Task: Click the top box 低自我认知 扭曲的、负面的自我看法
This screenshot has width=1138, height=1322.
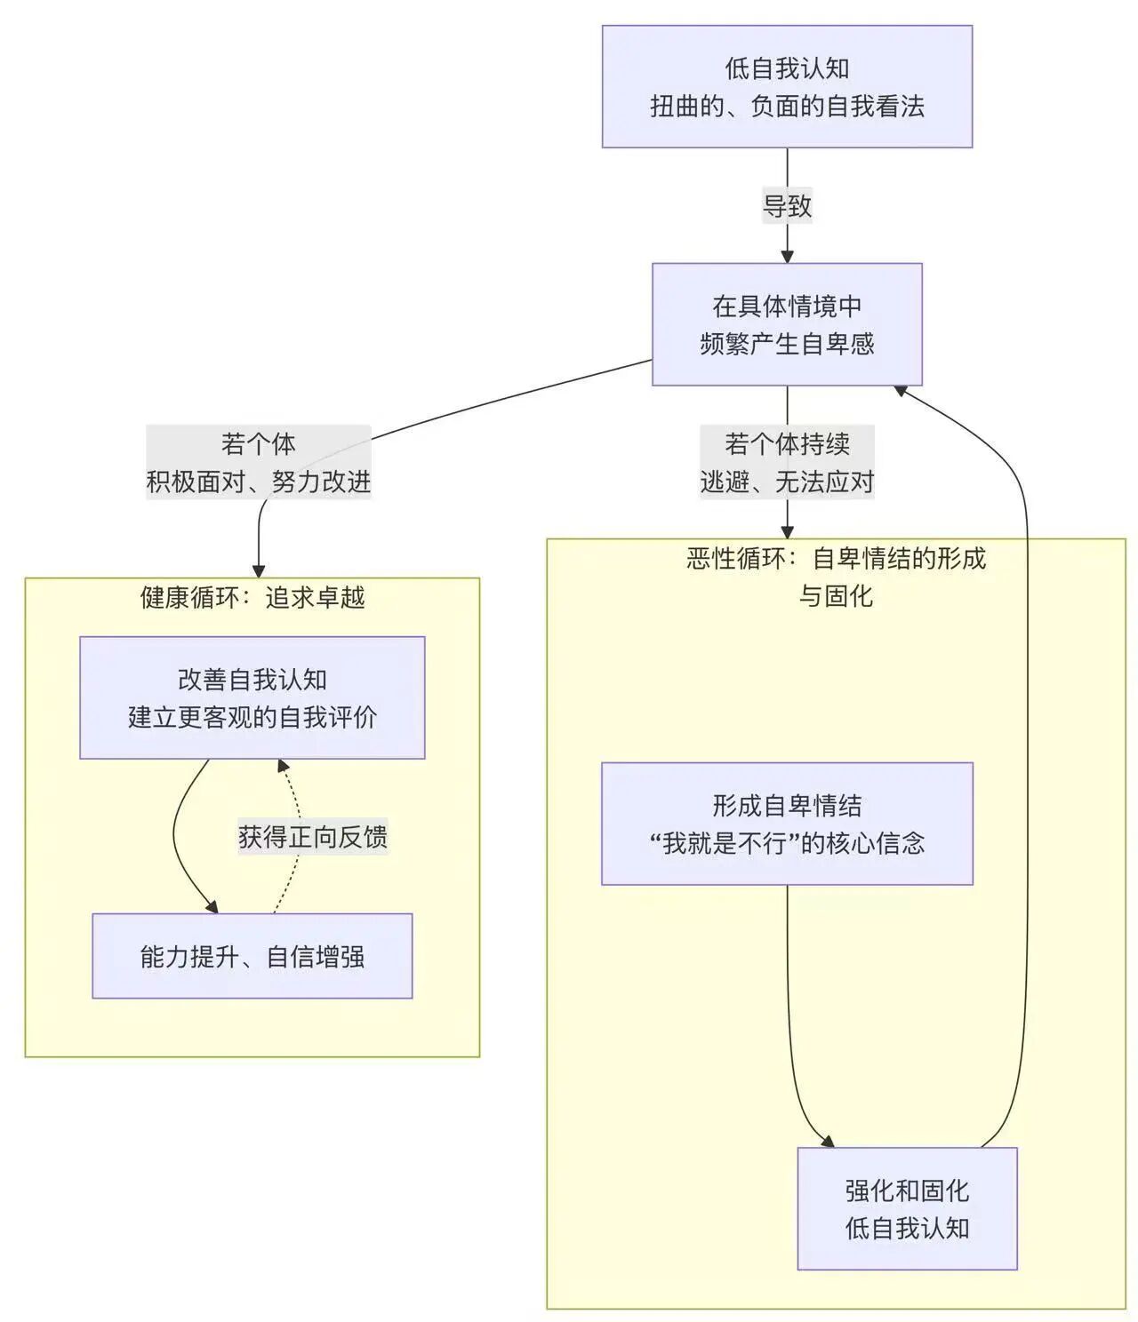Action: tap(787, 86)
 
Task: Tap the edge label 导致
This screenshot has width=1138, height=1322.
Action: tap(787, 206)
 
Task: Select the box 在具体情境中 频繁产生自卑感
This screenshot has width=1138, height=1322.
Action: tap(787, 324)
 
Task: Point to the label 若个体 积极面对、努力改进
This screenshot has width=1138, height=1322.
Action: tap(258, 462)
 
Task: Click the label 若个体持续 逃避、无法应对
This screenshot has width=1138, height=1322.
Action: tap(787, 462)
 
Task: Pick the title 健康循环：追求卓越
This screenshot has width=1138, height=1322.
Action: tap(252, 597)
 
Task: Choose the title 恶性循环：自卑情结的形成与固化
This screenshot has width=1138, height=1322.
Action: tap(836, 577)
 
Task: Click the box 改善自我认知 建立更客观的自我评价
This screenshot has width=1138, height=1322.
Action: tap(252, 697)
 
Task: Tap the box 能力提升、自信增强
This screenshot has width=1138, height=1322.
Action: tap(252, 956)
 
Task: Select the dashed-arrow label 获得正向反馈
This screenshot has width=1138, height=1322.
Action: tap(312, 837)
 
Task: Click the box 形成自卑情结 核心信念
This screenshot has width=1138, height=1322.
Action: tap(787, 824)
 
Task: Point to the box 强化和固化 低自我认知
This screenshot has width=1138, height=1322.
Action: tap(907, 1208)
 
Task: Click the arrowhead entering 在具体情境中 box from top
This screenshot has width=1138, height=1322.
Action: tap(787, 257)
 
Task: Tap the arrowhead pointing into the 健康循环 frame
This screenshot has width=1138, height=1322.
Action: tap(259, 571)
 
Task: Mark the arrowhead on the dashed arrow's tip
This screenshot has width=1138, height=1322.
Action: tap(282, 765)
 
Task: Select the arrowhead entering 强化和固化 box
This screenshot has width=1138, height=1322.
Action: tap(828, 1141)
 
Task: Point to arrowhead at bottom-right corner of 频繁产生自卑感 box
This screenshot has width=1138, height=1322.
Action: tap(901, 390)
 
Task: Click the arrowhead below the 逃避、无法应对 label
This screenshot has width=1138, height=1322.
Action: tap(787, 532)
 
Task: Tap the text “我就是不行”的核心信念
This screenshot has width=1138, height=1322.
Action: tap(787, 842)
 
